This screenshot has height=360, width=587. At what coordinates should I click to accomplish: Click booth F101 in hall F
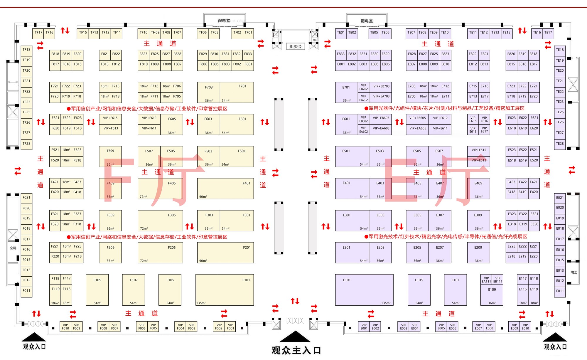point(225,290)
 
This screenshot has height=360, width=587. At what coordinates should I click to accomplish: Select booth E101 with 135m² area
point(364,290)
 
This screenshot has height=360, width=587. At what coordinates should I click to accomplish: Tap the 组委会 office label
point(296,46)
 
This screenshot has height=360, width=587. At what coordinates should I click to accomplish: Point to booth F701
point(237,92)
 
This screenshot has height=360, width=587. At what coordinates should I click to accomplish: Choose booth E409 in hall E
point(479,189)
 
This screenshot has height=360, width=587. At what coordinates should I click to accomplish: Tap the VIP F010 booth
point(65,327)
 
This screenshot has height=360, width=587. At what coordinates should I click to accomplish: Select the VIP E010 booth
point(525,327)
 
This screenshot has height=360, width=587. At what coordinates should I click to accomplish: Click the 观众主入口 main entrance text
point(296,350)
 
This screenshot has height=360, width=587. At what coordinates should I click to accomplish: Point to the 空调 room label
point(13,248)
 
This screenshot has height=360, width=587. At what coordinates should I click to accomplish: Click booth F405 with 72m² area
point(160,189)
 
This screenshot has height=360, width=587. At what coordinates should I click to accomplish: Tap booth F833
point(248,54)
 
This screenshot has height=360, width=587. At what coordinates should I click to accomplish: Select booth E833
point(341,54)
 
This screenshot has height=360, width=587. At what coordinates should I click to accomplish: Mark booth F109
point(97,290)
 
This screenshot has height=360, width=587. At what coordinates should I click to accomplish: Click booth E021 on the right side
point(560,198)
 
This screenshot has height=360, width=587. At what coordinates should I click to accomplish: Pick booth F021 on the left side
point(26,198)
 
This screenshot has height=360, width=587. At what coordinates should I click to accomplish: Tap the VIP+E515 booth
point(479,150)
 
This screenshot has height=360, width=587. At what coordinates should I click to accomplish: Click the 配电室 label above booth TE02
point(367,21)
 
